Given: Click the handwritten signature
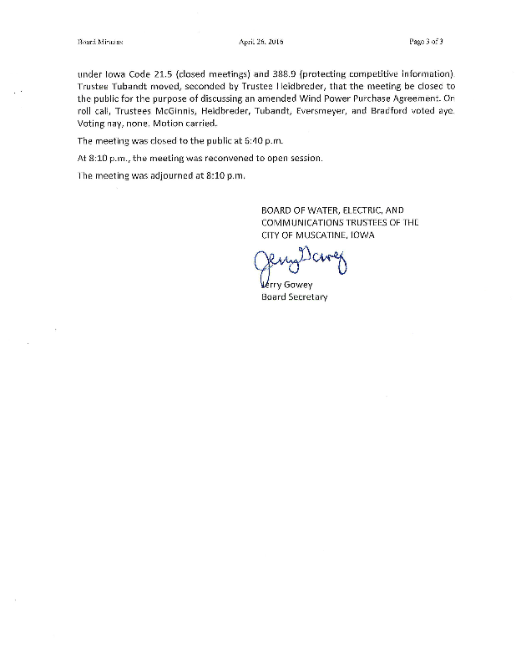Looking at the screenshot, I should click(297, 265).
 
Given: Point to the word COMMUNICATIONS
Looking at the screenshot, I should click(308, 223).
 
